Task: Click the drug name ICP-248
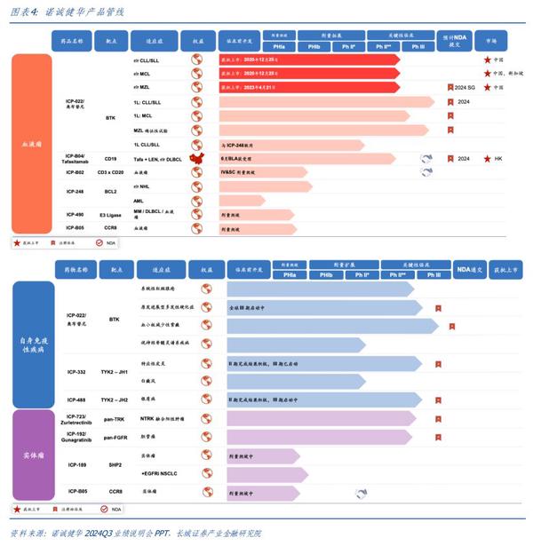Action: tap(75, 191)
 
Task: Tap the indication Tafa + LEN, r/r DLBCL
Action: tap(156, 158)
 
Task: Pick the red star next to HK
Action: tap(486, 158)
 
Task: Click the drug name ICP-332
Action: tap(75, 372)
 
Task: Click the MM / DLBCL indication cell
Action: tap(157, 214)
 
